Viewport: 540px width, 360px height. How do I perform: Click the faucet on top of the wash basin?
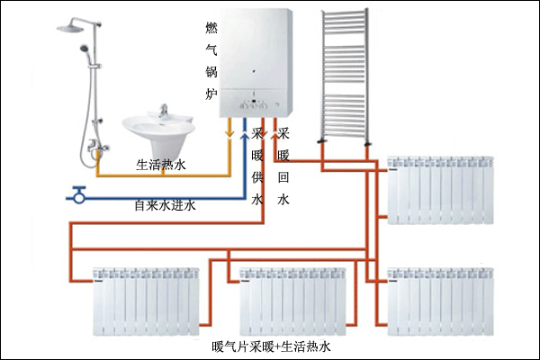coord(164,111)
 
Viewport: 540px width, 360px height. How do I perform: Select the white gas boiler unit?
coord(260,59)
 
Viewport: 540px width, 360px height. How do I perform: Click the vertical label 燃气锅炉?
coord(212,60)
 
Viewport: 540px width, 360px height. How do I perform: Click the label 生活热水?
coord(160,165)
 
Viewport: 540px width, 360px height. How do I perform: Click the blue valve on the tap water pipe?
coord(78,192)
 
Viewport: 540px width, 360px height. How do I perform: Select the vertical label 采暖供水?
coord(257,166)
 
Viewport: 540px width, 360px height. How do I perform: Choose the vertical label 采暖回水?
coord(284,166)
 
